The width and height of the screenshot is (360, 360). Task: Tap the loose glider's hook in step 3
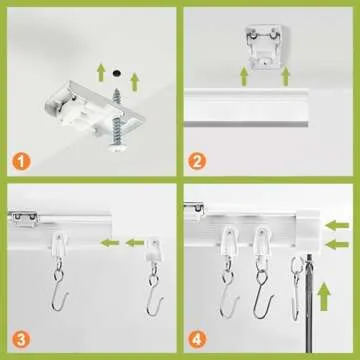point(153,300)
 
